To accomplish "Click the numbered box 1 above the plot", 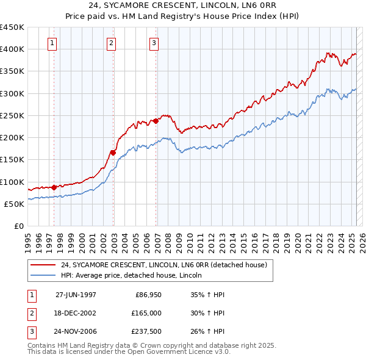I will click(52, 43).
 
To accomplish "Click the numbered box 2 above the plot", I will click(112, 43).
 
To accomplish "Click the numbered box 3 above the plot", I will click(154, 43).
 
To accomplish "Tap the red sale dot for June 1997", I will click(54, 187).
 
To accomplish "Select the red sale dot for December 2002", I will click(113, 153).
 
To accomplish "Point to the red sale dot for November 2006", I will click(156, 121).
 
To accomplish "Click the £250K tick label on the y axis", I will click(12, 115).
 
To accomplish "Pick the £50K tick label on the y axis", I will click(15, 204).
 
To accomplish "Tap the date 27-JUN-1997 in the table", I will click(76, 295).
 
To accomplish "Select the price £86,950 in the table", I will click(146, 295).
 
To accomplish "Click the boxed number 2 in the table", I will click(31, 314).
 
